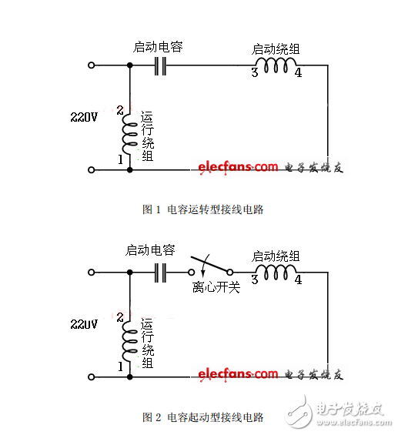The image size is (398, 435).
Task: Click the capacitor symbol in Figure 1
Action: [x=161, y=66]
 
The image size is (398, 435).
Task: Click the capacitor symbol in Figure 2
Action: [x=161, y=272]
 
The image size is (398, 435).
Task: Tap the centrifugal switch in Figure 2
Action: [x=209, y=267]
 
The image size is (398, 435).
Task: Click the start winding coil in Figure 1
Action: [x=276, y=67]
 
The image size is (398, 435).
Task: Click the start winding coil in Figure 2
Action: [x=276, y=272]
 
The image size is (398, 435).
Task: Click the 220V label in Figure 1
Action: [x=85, y=118]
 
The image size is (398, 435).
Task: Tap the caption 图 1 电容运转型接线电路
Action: [x=203, y=209]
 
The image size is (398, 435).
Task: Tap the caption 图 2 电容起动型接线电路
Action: [x=203, y=417]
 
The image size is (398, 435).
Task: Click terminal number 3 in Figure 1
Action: [x=253, y=74]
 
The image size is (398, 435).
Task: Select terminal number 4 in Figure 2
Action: [x=298, y=279]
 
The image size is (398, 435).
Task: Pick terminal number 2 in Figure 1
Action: [x=119, y=110]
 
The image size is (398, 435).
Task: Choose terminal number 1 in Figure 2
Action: [x=119, y=366]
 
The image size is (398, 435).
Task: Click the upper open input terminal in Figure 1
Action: [x=92, y=66]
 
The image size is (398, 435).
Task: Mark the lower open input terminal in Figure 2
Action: [x=92, y=376]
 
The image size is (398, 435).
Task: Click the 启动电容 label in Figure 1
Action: [x=158, y=47]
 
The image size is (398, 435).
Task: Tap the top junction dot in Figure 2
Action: [x=129, y=272]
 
